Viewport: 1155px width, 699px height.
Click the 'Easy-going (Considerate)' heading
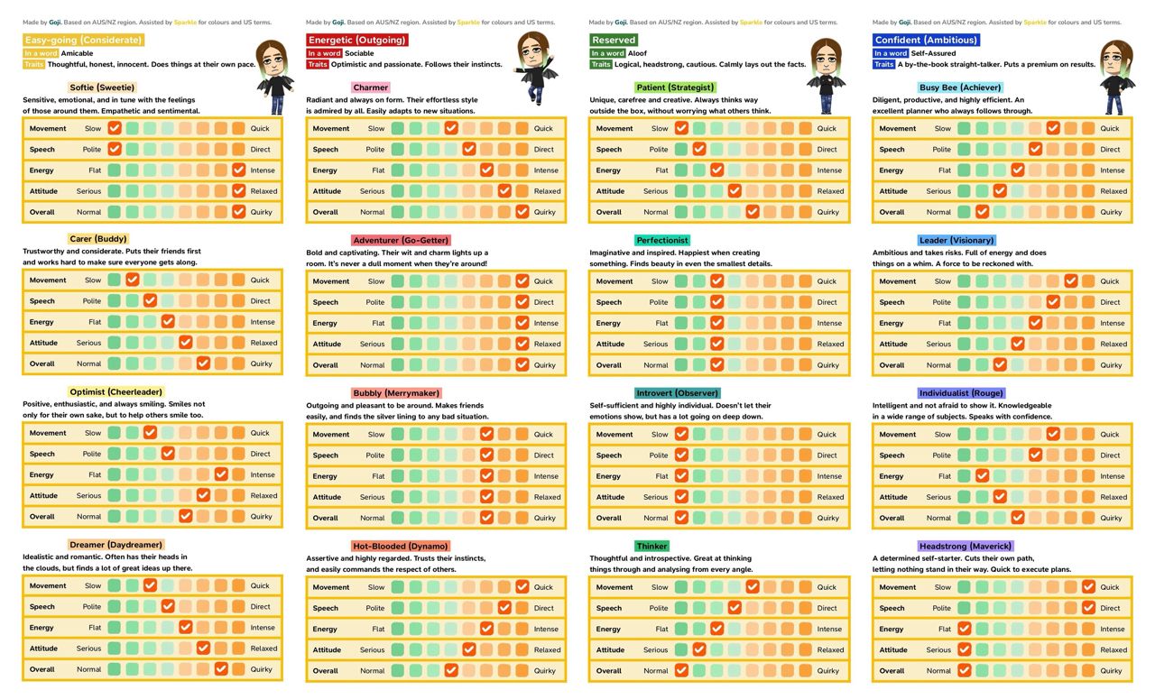[x=84, y=40]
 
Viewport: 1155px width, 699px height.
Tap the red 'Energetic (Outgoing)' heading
[x=357, y=40]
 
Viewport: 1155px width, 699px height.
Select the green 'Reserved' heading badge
[x=614, y=40]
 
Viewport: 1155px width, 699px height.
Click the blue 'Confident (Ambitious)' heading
[x=926, y=40]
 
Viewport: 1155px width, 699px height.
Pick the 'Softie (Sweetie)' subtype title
[x=102, y=87]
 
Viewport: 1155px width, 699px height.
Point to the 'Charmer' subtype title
[x=371, y=87]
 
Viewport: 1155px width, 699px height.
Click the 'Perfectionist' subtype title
[x=662, y=241]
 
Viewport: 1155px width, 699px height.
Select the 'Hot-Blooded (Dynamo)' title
[x=400, y=547]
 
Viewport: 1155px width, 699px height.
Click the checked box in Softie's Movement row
[x=115, y=128]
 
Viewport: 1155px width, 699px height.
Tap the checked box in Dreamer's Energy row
[x=185, y=628]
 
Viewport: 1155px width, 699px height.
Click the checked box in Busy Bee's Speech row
[x=1035, y=150]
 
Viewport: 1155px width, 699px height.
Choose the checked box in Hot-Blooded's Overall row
[x=451, y=670]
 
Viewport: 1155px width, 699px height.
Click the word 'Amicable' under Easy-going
[x=77, y=53]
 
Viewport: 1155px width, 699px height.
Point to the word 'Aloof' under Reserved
[x=638, y=53]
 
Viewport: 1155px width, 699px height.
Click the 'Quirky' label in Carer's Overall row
[x=261, y=363]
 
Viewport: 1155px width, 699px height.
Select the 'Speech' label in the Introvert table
[x=609, y=455]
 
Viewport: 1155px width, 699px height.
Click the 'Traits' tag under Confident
[x=883, y=65]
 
